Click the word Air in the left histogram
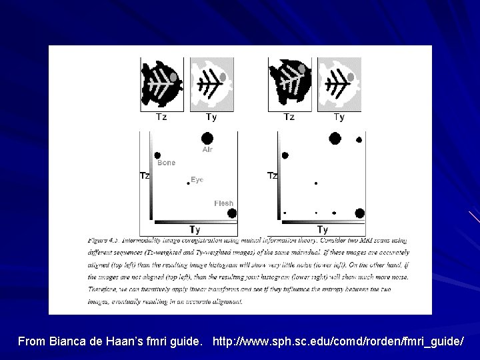[x=207, y=150]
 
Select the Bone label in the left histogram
[x=166, y=163]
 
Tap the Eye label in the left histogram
[x=197, y=179]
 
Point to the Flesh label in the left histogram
[x=223, y=203]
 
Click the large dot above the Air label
[x=207, y=138]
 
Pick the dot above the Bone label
[x=157, y=155]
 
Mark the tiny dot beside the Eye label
[x=188, y=183]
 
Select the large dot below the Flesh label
[x=231, y=213]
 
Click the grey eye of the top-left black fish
[x=174, y=78]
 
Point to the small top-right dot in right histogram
[x=359, y=140]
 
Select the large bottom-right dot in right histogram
[x=359, y=213]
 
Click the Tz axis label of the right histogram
[x=272, y=176]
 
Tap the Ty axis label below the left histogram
[x=194, y=229]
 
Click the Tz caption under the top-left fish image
[x=161, y=117]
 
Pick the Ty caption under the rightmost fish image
[x=339, y=117]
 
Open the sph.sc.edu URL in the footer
[x=338, y=341]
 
